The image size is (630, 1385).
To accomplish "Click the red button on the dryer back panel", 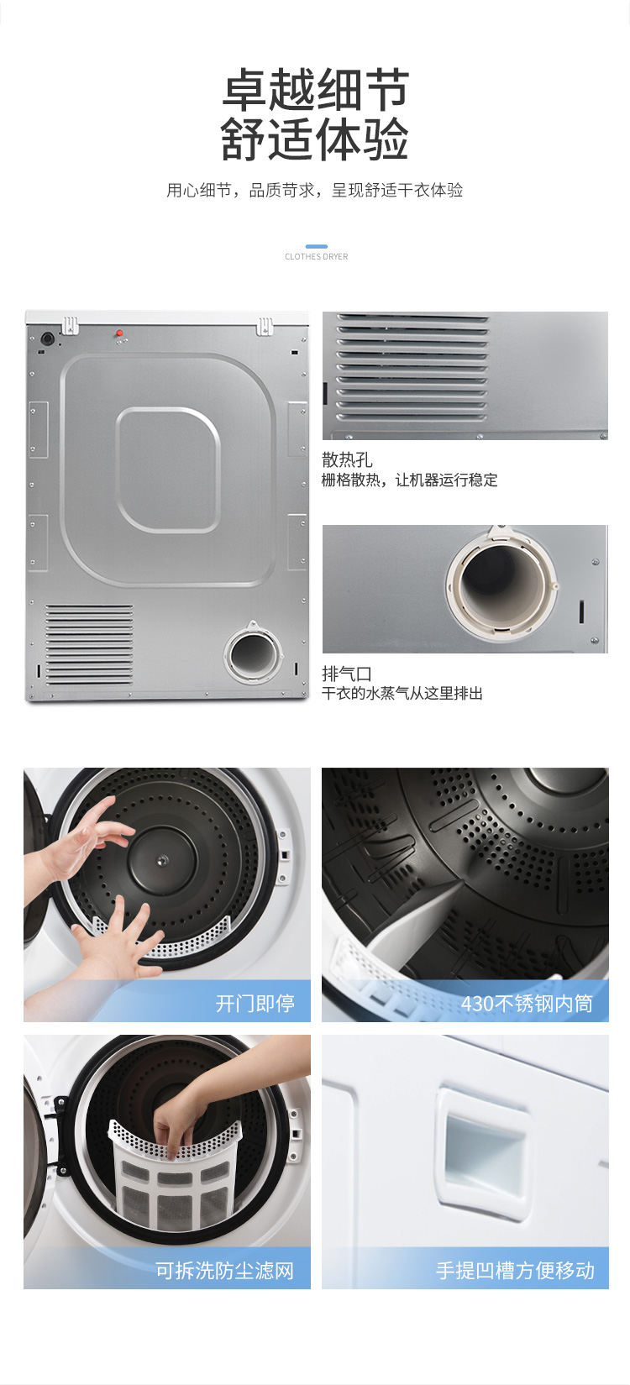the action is pos(119,333).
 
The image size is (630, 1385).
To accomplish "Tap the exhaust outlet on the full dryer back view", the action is pos(253,653).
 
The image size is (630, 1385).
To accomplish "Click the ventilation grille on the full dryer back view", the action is pos(89,644).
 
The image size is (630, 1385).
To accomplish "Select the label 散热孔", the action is pos(347,459).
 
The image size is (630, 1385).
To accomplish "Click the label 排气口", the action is pos(346,674).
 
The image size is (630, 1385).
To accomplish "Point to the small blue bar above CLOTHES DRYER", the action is pos(317,246).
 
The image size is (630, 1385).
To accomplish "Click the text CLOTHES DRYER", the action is pos(317,257).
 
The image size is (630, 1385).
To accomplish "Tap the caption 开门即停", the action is pos(255,1003).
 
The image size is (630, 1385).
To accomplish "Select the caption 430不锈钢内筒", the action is pos(527,1003).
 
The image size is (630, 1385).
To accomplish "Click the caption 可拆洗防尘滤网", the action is pos(224,1270).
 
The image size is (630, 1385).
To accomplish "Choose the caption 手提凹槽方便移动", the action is pos(515,1270).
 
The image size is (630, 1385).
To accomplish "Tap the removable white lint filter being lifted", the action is pos(176,1174).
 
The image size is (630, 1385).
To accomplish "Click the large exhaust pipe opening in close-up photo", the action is pos(501,582).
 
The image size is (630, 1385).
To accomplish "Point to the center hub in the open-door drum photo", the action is pos(162,859).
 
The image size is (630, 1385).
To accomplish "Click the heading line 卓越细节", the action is pos(316,90).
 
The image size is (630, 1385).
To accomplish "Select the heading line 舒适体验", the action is pos(315,139).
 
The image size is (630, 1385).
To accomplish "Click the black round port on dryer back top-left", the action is pos(47,338).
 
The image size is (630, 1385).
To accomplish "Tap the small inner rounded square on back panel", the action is pos(168,470).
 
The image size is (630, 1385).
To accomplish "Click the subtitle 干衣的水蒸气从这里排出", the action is pos(402,694).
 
